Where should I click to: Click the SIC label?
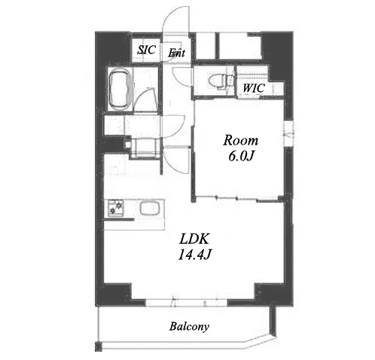147,50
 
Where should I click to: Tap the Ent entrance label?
176,53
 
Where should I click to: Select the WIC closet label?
254,88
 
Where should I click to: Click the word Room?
240,140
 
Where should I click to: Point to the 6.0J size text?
241,157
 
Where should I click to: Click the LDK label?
194,239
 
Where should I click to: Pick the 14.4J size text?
194,255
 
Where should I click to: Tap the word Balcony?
189,326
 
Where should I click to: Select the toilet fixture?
218,81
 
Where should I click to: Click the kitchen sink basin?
150,209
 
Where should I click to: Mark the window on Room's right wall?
288,133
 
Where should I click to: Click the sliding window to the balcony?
186,303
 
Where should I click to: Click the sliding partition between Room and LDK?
237,199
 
